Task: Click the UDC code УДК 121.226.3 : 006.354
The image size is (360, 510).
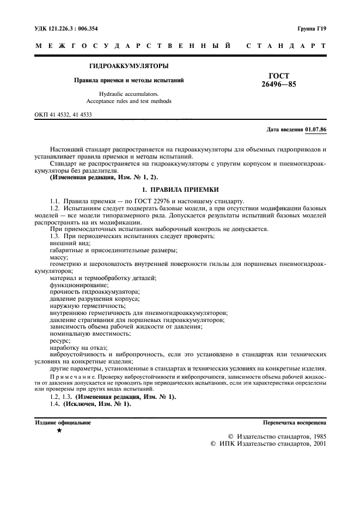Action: click(x=70, y=28)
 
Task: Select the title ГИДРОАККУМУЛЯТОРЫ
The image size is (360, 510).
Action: click(x=129, y=66)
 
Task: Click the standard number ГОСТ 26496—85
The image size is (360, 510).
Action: click(x=279, y=81)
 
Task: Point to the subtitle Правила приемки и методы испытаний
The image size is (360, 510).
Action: click(x=129, y=81)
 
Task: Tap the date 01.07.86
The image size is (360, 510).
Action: click(x=315, y=130)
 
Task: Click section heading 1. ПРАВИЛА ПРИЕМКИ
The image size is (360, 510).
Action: click(x=180, y=189)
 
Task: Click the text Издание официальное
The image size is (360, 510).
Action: click(x=63, y=422)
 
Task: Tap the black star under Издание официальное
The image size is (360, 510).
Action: click(x=59, y=431)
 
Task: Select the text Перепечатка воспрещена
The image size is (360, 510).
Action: click(x=294, y=422)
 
